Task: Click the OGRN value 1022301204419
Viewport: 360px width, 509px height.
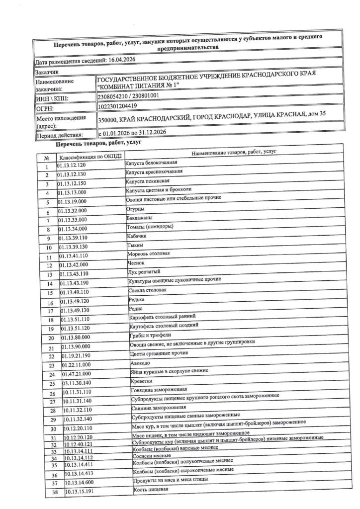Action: click(x=119, y=107)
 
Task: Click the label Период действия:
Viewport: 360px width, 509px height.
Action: click(x=59, y=135)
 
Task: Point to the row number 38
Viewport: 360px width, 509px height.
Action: click(x=55, y=492)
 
